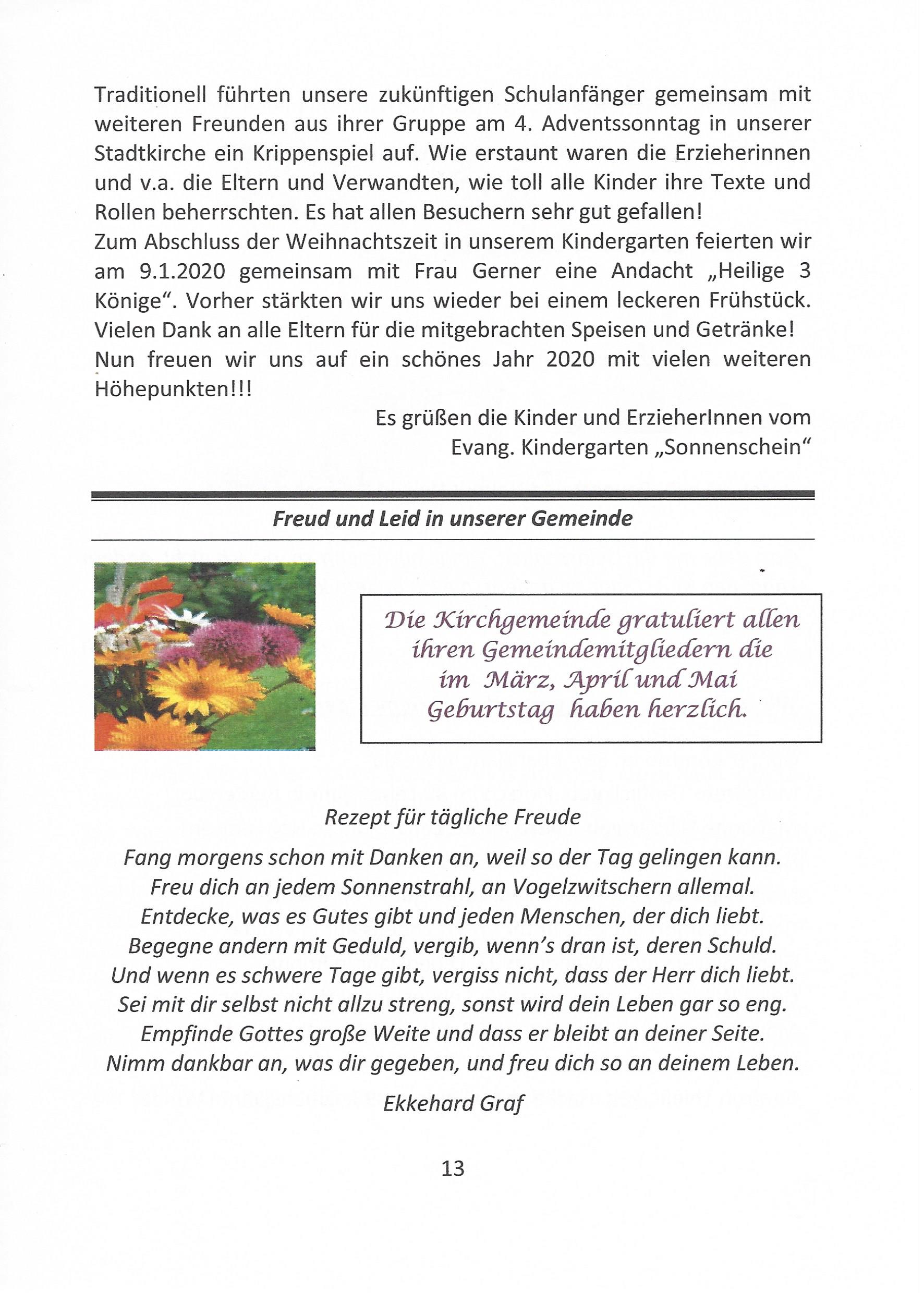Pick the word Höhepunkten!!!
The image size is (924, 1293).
[173, 389]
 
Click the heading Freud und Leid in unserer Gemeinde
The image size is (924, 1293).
[452, 519]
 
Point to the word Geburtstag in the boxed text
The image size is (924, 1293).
[491, 711]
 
